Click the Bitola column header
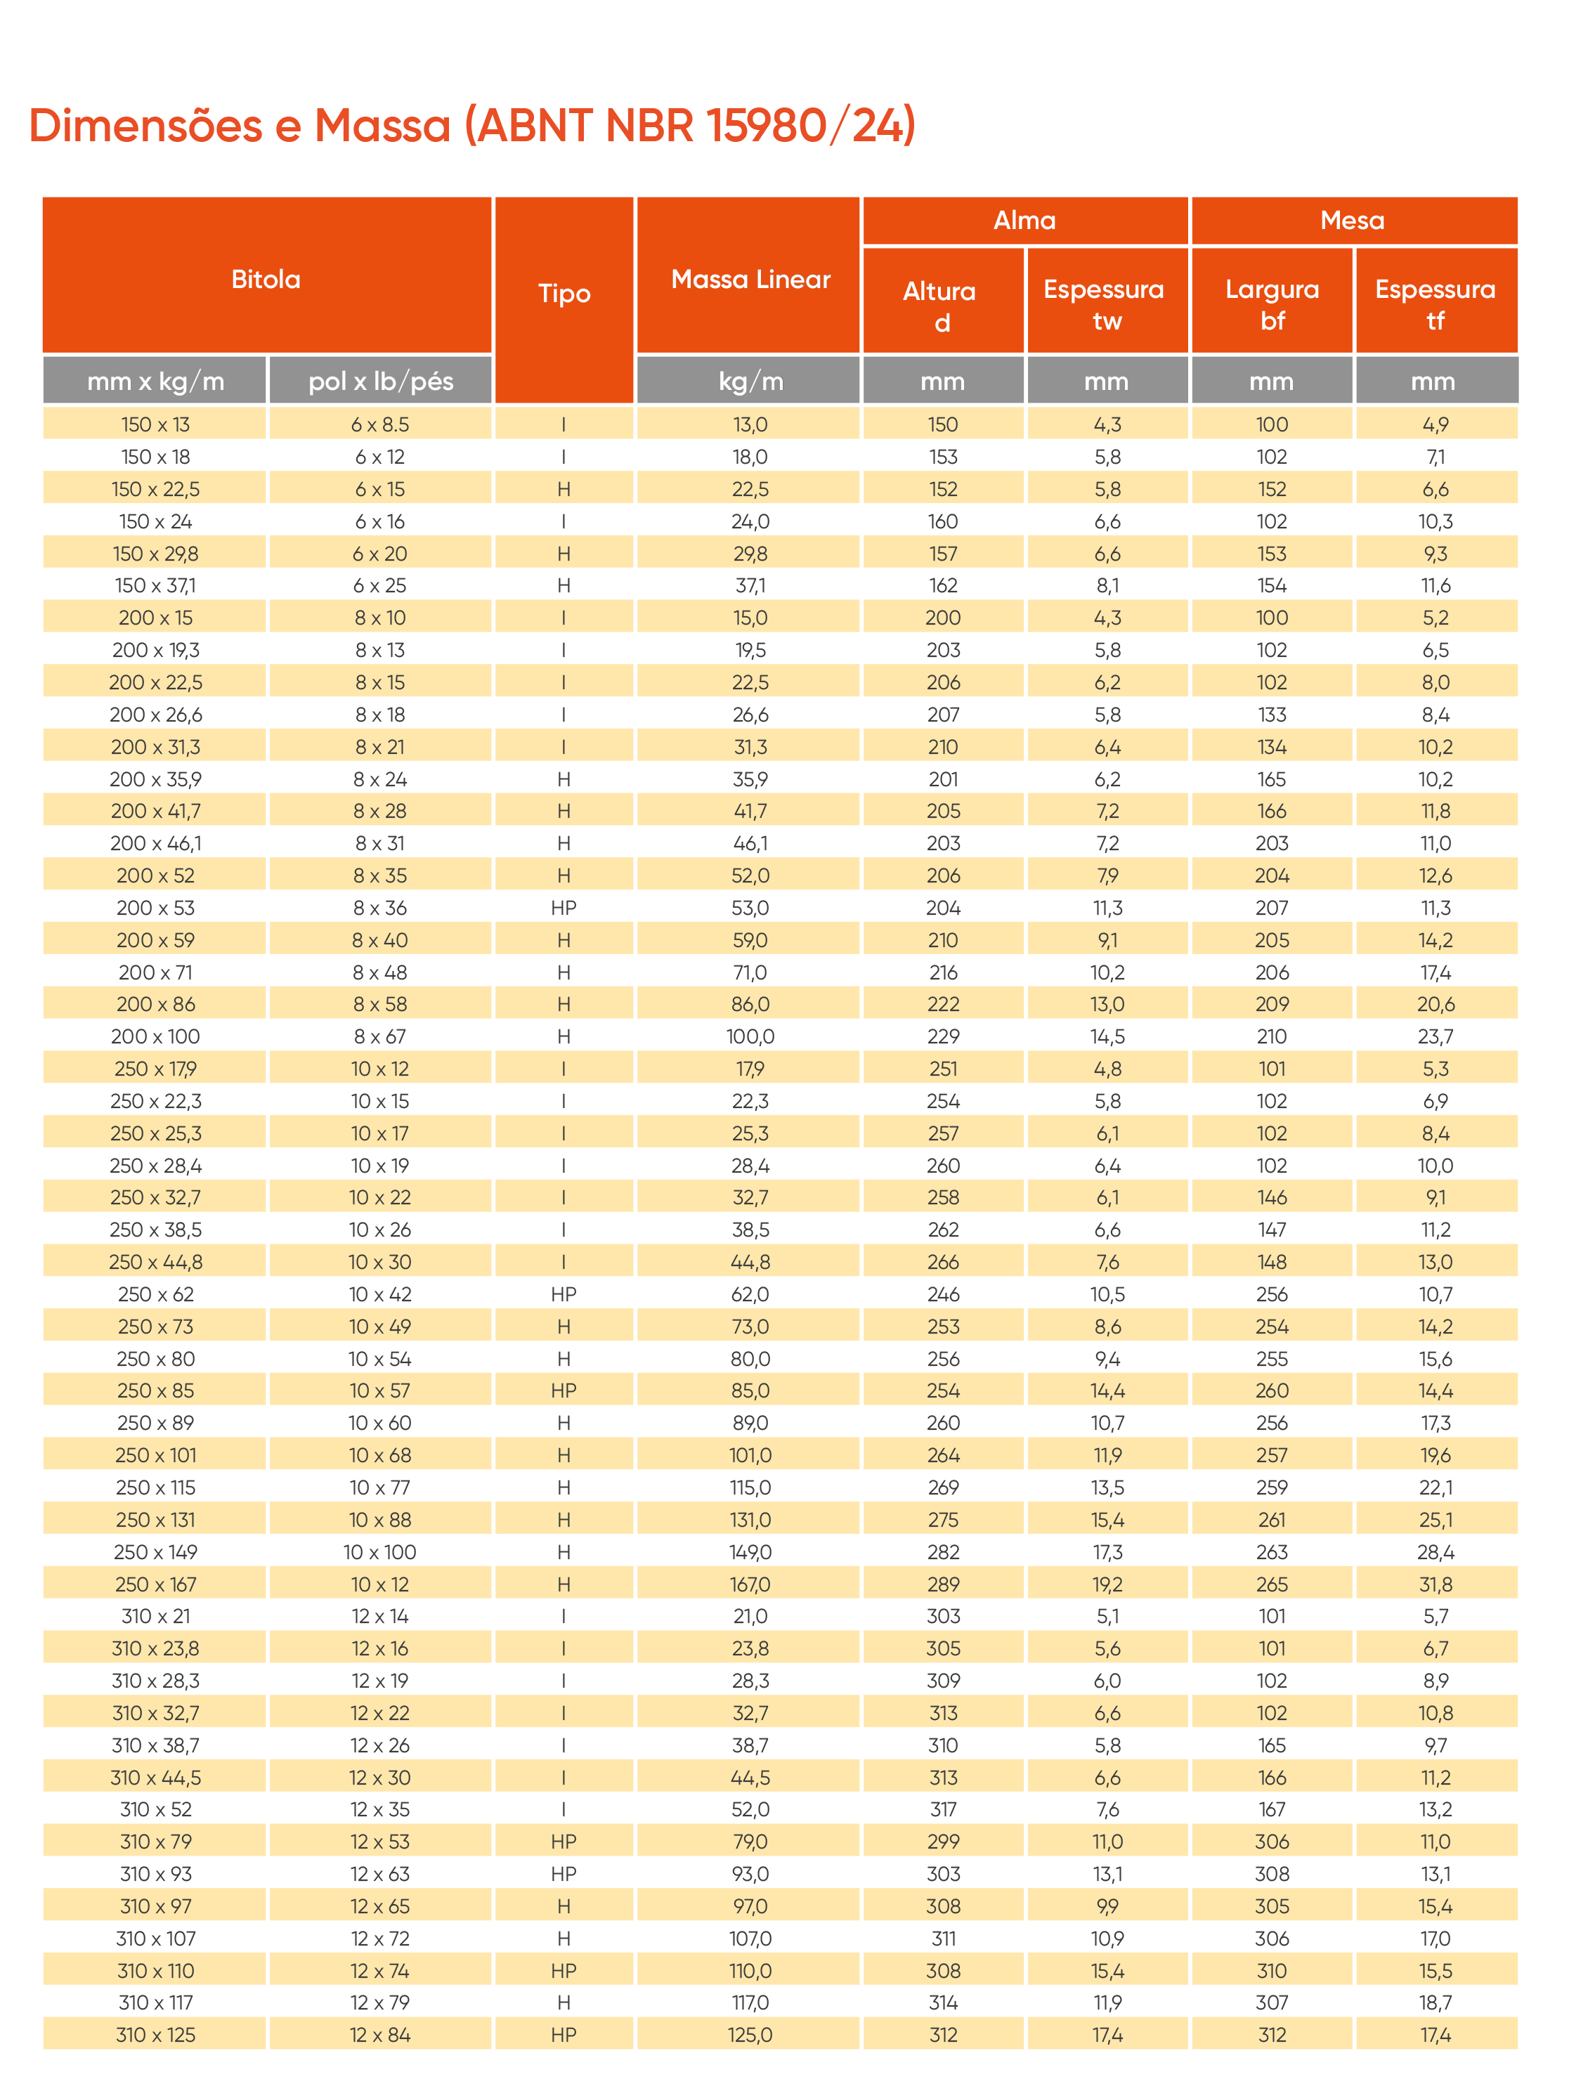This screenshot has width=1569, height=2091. pyautogui.click(x=266, y=280)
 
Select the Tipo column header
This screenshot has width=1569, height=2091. pyautogui.click(x=564, y=293)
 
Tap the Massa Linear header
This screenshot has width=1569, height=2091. pyautogui.click(x=750, y=280)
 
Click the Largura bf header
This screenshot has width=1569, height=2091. pyautogui.click(x=1272, y=304)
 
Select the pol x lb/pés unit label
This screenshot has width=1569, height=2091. pyautogui.click(x=380, y=382)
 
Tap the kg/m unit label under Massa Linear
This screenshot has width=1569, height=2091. pyautogui.click(x=750, y=382)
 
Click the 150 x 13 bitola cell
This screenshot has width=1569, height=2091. pyautogui.click(x=155, y=425)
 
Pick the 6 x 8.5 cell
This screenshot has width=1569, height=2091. pyautogui.click(x=380, y=425)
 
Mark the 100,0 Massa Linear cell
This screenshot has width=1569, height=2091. pyautogui.click(x=750, y=1037)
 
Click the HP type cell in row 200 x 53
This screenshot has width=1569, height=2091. pyautogui.click(x=564, y=908)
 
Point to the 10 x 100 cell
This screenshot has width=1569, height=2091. pyautogui.click(x=380, y=1552)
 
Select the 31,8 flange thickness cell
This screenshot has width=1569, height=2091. pyautogui.click(x=1435, y=1584)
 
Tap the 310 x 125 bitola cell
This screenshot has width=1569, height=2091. pyautogui.click(x=155, y=2035)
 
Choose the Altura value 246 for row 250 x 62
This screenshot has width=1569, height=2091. pyautogui.click(x=943, y=1295)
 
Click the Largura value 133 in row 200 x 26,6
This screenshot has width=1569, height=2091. pyautogui.click(x=1272, y=715)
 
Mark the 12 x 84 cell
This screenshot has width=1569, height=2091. pyautogui.click(x=380, y=2035)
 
